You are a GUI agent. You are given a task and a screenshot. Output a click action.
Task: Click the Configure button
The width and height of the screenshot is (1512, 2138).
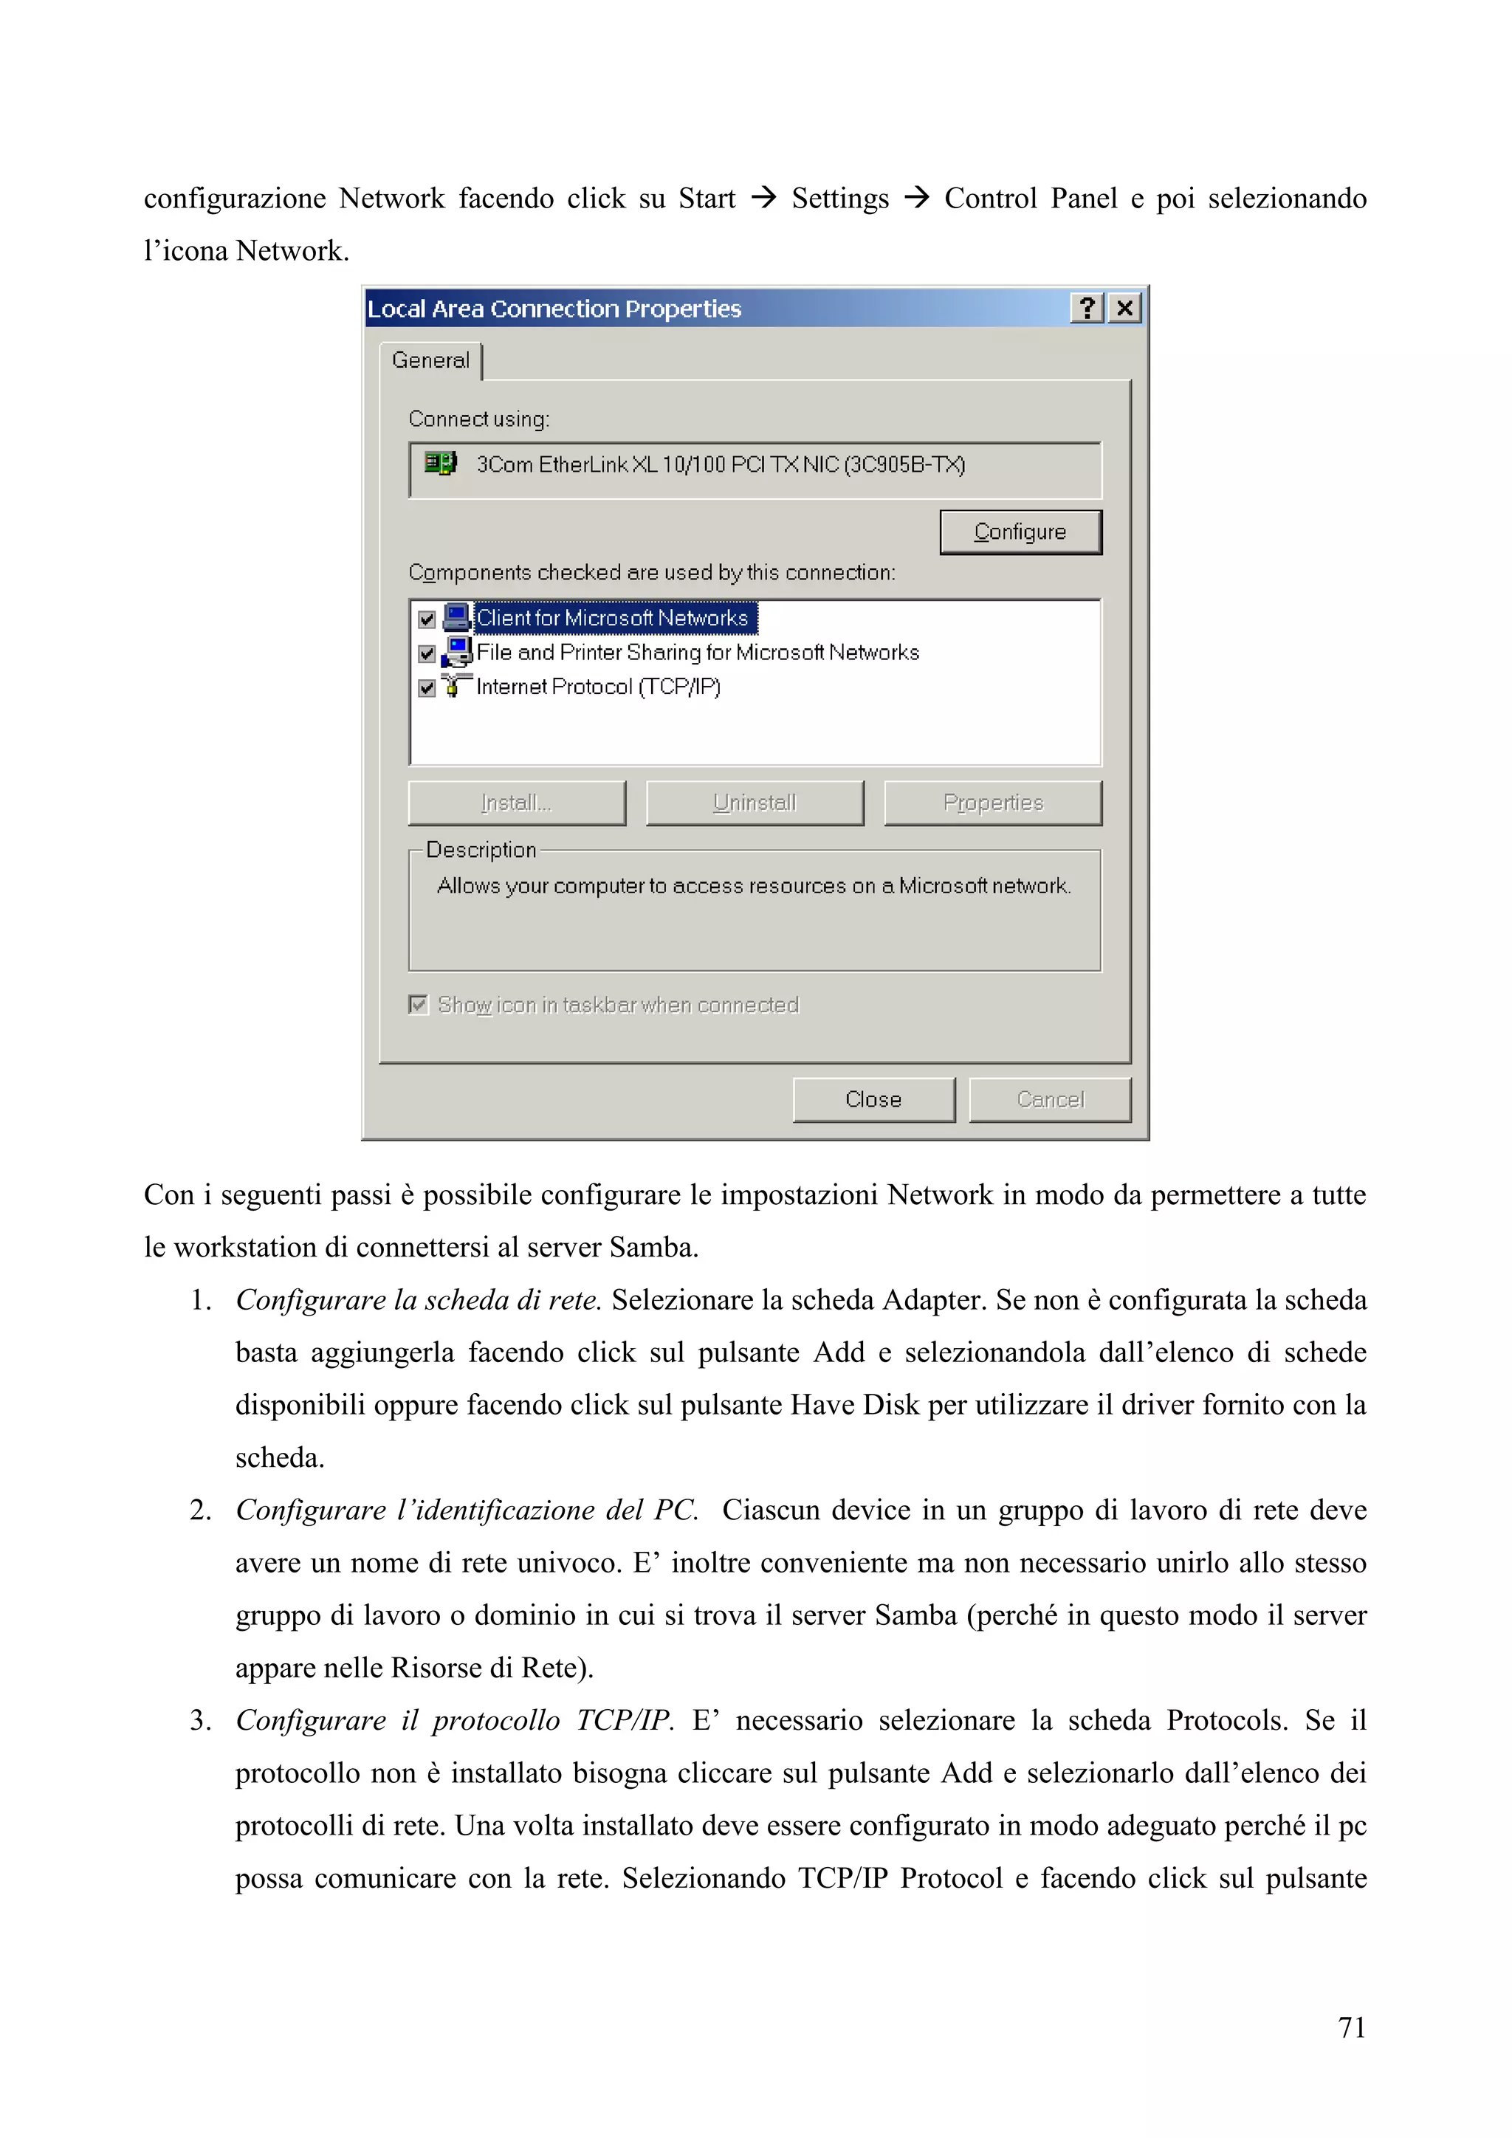1020,532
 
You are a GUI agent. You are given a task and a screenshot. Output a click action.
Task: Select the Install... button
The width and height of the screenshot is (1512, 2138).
517,802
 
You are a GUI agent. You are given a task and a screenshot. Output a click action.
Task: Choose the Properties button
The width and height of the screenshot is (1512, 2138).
992,802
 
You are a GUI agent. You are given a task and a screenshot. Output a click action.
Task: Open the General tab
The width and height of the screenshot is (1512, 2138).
430,360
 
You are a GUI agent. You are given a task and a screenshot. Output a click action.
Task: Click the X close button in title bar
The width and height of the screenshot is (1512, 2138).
1124,308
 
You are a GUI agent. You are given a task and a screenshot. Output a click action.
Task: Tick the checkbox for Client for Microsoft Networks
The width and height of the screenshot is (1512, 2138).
427,619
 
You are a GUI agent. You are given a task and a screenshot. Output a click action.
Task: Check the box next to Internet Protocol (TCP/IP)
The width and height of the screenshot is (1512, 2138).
427,688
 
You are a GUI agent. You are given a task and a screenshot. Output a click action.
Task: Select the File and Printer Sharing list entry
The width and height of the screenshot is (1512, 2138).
696,653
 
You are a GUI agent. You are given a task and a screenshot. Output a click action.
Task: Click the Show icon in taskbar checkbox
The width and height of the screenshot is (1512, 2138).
418,1004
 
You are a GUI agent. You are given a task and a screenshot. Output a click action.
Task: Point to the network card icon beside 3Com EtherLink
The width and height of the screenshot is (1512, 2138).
440,463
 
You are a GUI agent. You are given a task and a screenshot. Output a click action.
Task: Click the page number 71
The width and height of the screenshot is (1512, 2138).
1351,2027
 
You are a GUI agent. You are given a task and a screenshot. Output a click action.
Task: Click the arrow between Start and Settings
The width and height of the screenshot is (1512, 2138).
763,197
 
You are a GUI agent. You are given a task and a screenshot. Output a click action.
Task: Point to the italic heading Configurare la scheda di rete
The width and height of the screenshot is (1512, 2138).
418,1300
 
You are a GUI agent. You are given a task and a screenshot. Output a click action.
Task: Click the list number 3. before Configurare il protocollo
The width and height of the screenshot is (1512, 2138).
200,1721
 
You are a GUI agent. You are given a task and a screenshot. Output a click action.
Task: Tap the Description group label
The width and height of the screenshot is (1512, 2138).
481,850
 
